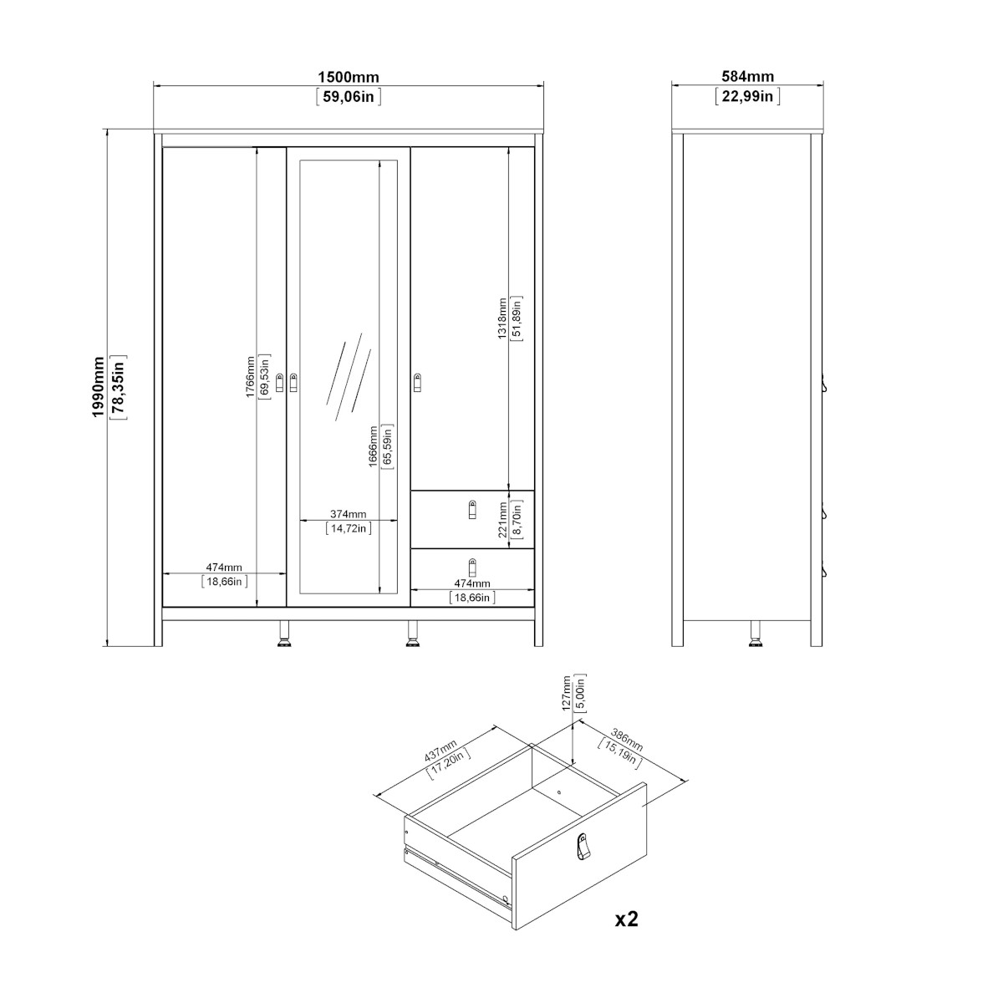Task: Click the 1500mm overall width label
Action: click(349, 78)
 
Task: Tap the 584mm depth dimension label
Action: click(747, 77)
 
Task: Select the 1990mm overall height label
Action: click(99, 387)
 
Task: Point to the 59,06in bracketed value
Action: click(349, 97)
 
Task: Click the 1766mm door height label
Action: click(251, 377)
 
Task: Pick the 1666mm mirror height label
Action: click(373, 446)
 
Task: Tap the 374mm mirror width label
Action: click(349, 514)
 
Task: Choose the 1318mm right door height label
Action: click(502, 318)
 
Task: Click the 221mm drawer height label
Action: click(502, 519)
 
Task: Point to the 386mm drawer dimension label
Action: click(627, 741)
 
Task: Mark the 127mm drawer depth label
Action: click(568, 693)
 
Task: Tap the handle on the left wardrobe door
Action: click(280, 383)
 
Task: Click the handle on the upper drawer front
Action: click(472, 510)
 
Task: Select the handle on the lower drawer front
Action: click(472, 568)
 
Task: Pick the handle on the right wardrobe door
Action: click(417, 383)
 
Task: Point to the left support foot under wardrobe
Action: click(283, 634)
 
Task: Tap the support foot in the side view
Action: click(755, 634)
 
